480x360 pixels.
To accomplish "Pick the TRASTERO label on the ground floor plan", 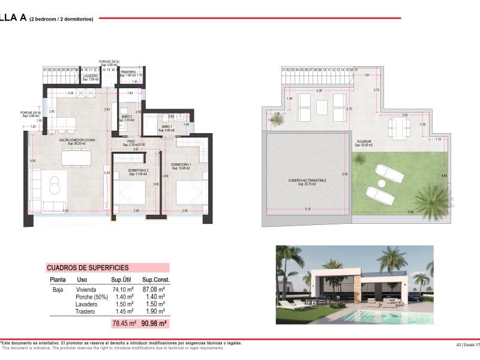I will (128, 73).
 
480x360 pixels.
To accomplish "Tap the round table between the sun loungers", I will (381, 183).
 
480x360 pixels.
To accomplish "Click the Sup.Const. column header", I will (155, 280).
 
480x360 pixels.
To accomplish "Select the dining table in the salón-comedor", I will (76, 155).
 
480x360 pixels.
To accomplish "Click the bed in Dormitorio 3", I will (130, 193).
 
